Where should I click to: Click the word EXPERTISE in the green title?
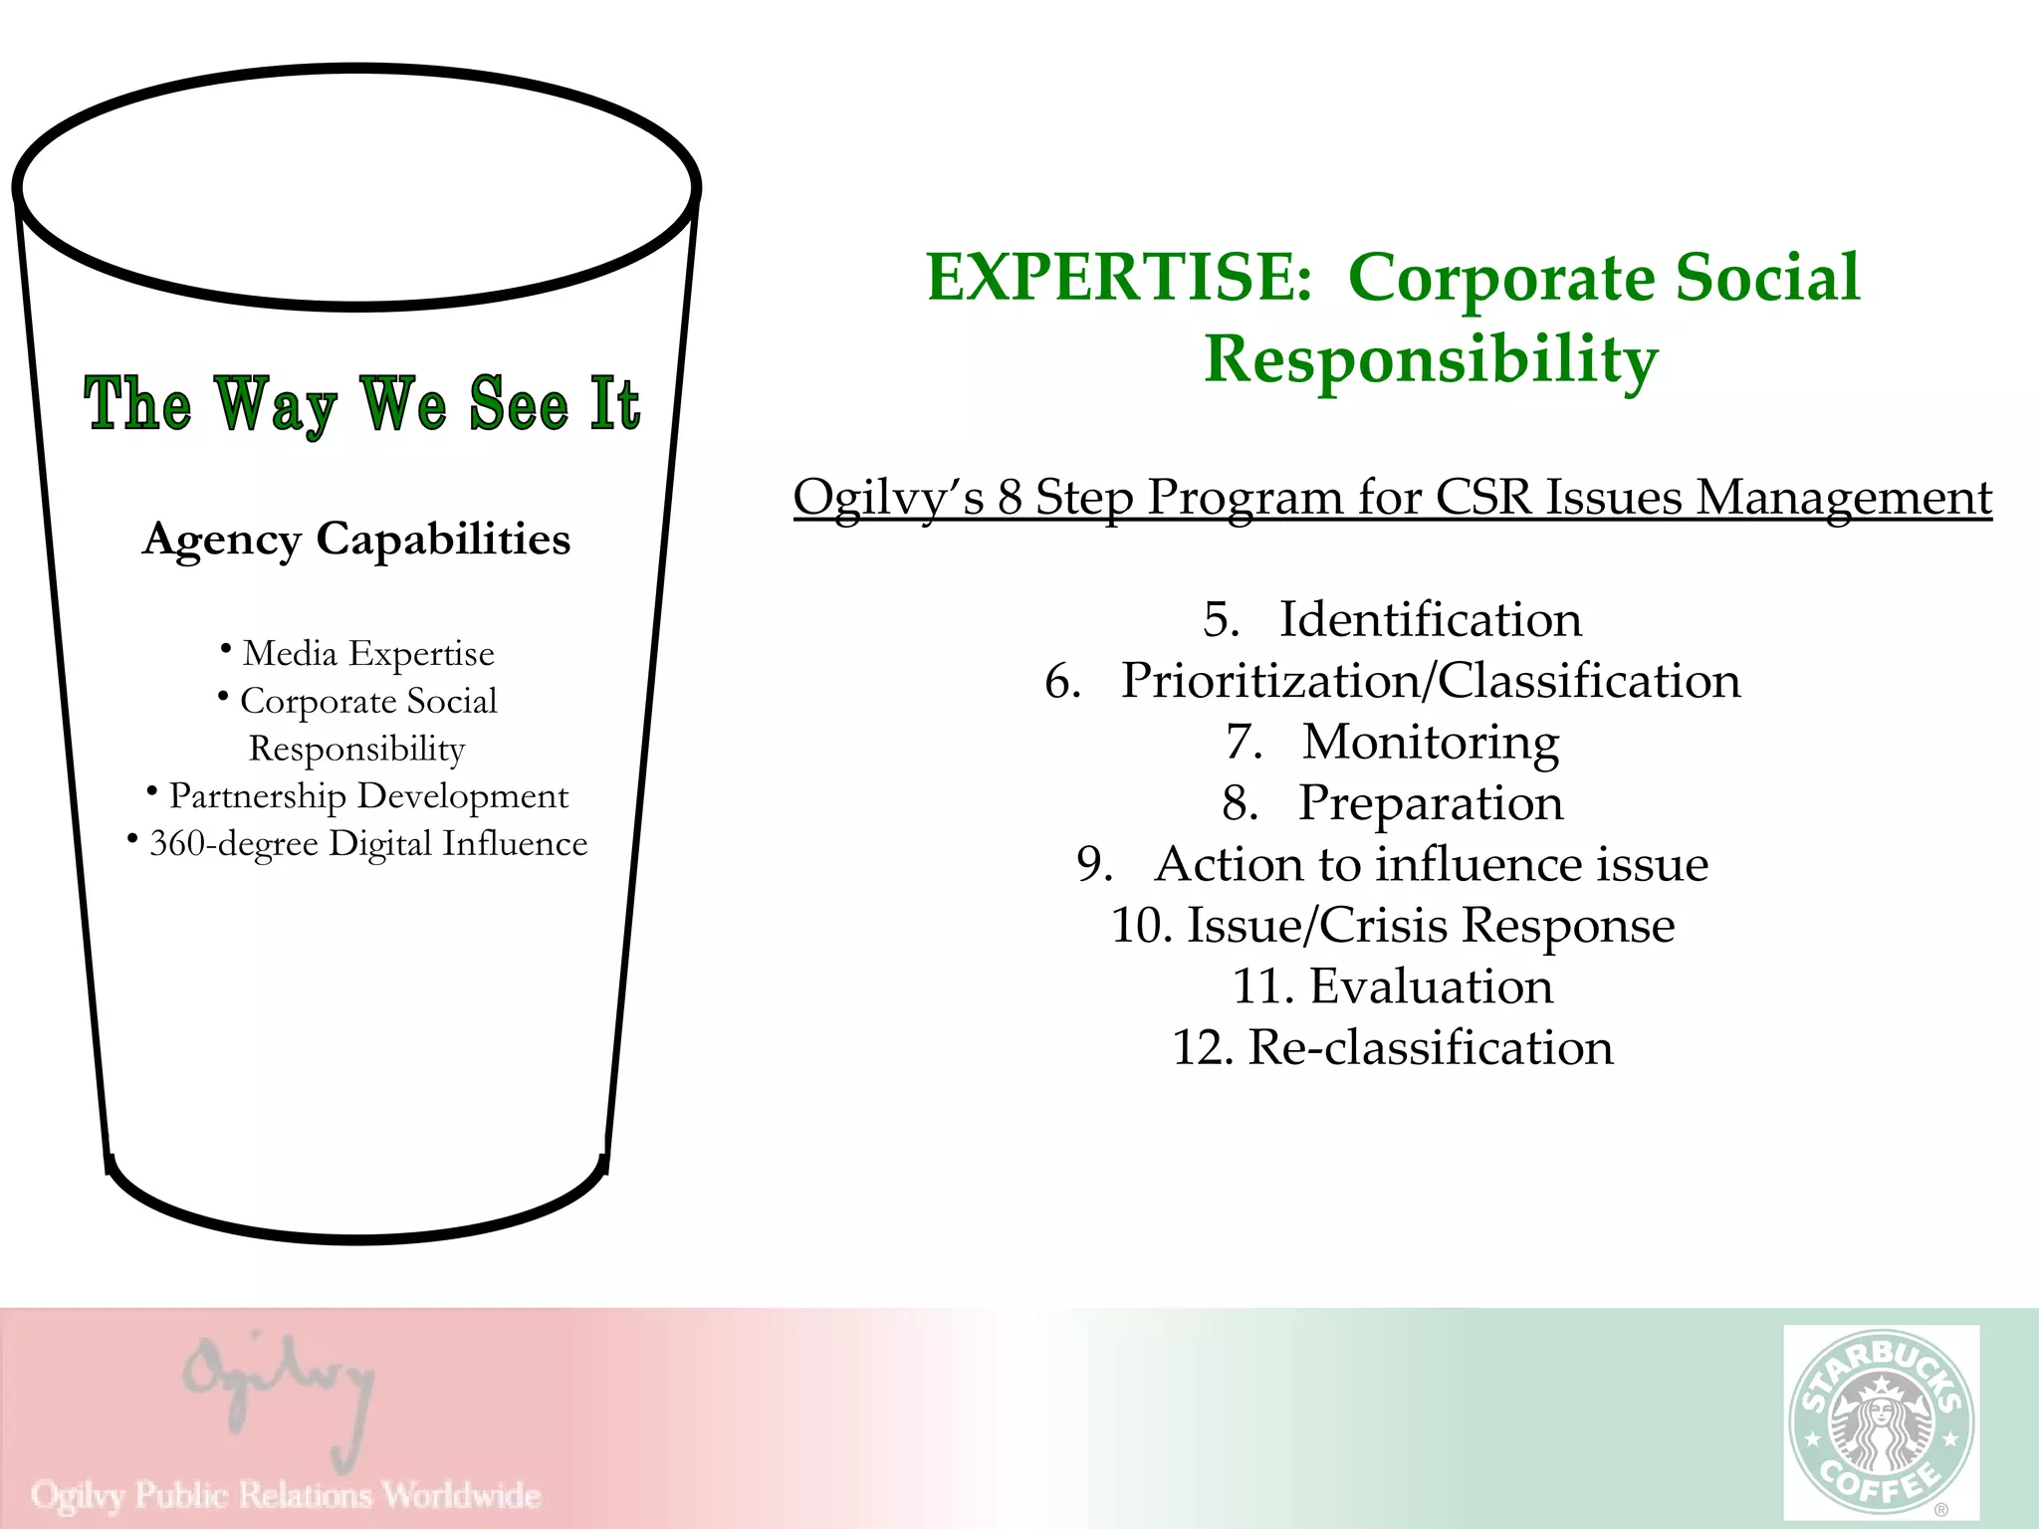[x=1119, y=277]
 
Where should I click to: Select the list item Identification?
[x=1430, y=619]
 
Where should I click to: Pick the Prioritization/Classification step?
[x=1430, y=681]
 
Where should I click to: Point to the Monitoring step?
[x=1430, y=742]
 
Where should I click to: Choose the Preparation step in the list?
[x=1430, y=802]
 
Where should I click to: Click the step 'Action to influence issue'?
[x=1430, y=864]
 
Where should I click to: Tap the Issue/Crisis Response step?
[x=1430, y=925]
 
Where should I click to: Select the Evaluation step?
[x=1430, y=986]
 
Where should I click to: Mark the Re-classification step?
[x=1430, y=1047]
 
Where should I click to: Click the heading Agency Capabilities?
[x=356, y=540]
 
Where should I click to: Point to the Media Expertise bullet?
[x=367, y=653]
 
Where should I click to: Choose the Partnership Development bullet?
[x=367, y=795]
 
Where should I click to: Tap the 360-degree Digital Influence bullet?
[x=367, y=843]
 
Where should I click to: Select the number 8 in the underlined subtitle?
[x=1010, y=497]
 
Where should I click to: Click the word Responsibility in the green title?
[x=1431, y=358]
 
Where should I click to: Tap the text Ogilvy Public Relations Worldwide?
[x=286, y=1494]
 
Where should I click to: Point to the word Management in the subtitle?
[x=1843, y=497]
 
